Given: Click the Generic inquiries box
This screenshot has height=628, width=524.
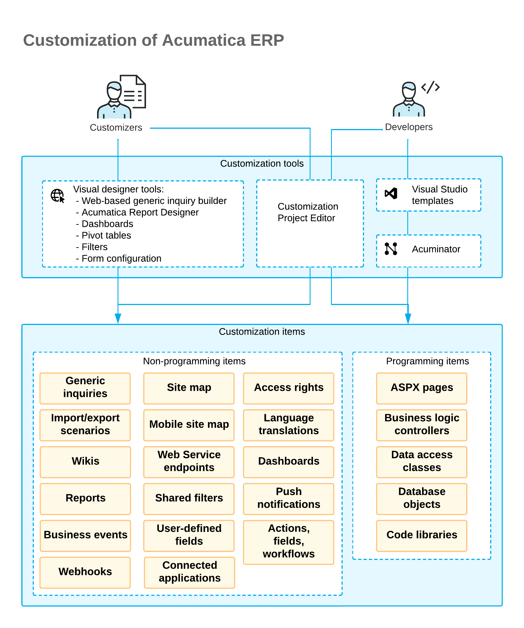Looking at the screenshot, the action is click(x=85, y=388).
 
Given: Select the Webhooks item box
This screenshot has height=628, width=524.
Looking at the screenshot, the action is click(x=85, y=572).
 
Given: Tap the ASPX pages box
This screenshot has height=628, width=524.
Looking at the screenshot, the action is click(x=422, y=388).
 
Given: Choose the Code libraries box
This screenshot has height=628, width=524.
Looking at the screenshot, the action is click(x=422, y=536).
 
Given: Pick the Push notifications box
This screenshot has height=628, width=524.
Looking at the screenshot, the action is click(x=289, y=499).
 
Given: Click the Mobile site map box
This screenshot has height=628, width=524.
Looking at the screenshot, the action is click(x=189, y=425).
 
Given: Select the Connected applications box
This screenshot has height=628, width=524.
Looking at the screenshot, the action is click(x=190, y=572).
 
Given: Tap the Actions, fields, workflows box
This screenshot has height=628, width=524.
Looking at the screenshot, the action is click(x=289, y=542).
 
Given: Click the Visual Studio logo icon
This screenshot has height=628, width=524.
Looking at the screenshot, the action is click(x=391, y=193).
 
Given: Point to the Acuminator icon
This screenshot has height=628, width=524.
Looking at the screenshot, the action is click(x=391, y=249).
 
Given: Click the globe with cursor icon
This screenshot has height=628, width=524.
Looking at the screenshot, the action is click(x=57, y=196).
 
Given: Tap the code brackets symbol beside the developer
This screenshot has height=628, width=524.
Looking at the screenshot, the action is click(x=430, y=87).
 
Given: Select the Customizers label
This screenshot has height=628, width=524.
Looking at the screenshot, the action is click(x=116, y=128).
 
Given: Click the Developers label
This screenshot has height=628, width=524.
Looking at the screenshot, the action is click(x=409, y=127).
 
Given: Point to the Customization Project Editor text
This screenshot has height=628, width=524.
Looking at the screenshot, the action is click(x=308, y=212).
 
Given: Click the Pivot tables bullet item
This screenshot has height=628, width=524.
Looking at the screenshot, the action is click(x=103, y=235).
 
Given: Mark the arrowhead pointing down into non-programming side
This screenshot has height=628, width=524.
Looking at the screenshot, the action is click(x=118, y=318).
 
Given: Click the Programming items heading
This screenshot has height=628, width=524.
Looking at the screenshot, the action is click(x=428, y=361).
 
